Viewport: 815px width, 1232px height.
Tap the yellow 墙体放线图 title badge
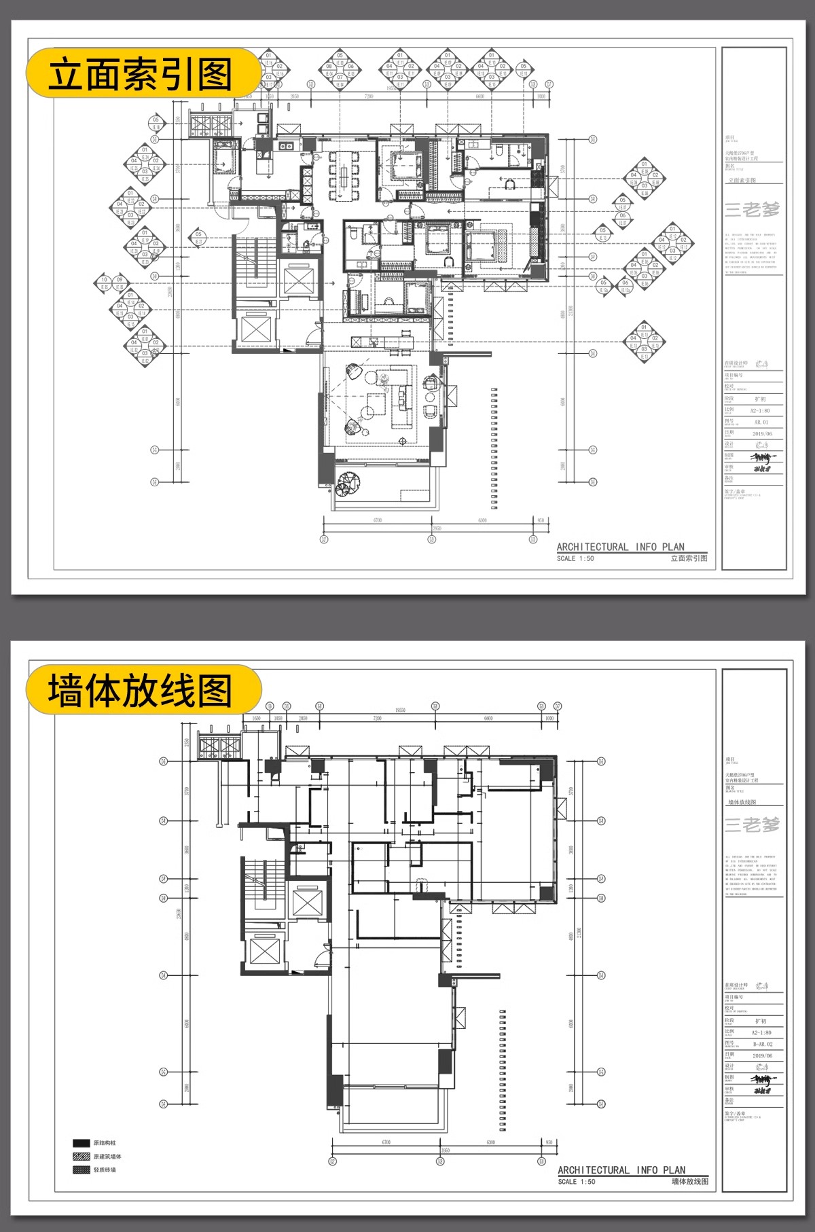coord(143,690)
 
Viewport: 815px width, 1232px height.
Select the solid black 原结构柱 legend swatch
coord(81,1143)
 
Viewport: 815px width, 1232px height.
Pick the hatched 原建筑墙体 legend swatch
coord(81,1156)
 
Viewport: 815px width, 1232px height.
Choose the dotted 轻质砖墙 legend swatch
coord(81,1170)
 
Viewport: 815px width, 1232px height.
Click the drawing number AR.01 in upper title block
coord(760,422)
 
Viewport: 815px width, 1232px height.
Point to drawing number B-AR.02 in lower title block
coord(762,1044)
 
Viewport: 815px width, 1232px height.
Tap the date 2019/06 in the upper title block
coord(762,433)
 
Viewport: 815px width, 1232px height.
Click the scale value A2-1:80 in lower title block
coord(761,1032)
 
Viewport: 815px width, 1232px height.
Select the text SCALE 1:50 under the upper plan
coord(575,558)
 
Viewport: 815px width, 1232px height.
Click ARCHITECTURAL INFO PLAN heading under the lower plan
coord(621,1170)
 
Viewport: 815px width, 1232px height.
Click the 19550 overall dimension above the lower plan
coord(400,710)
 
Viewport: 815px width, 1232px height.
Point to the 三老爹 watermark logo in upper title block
coord(752,209)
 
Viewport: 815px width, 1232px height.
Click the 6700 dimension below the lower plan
coord(386,1142)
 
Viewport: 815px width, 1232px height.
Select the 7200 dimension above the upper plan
coord(368,96)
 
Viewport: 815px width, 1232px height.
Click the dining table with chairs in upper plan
coord(345,175)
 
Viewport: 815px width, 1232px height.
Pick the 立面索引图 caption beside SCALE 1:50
coord(689,558)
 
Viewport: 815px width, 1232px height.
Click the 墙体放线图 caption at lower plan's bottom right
coord(689,1182)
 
